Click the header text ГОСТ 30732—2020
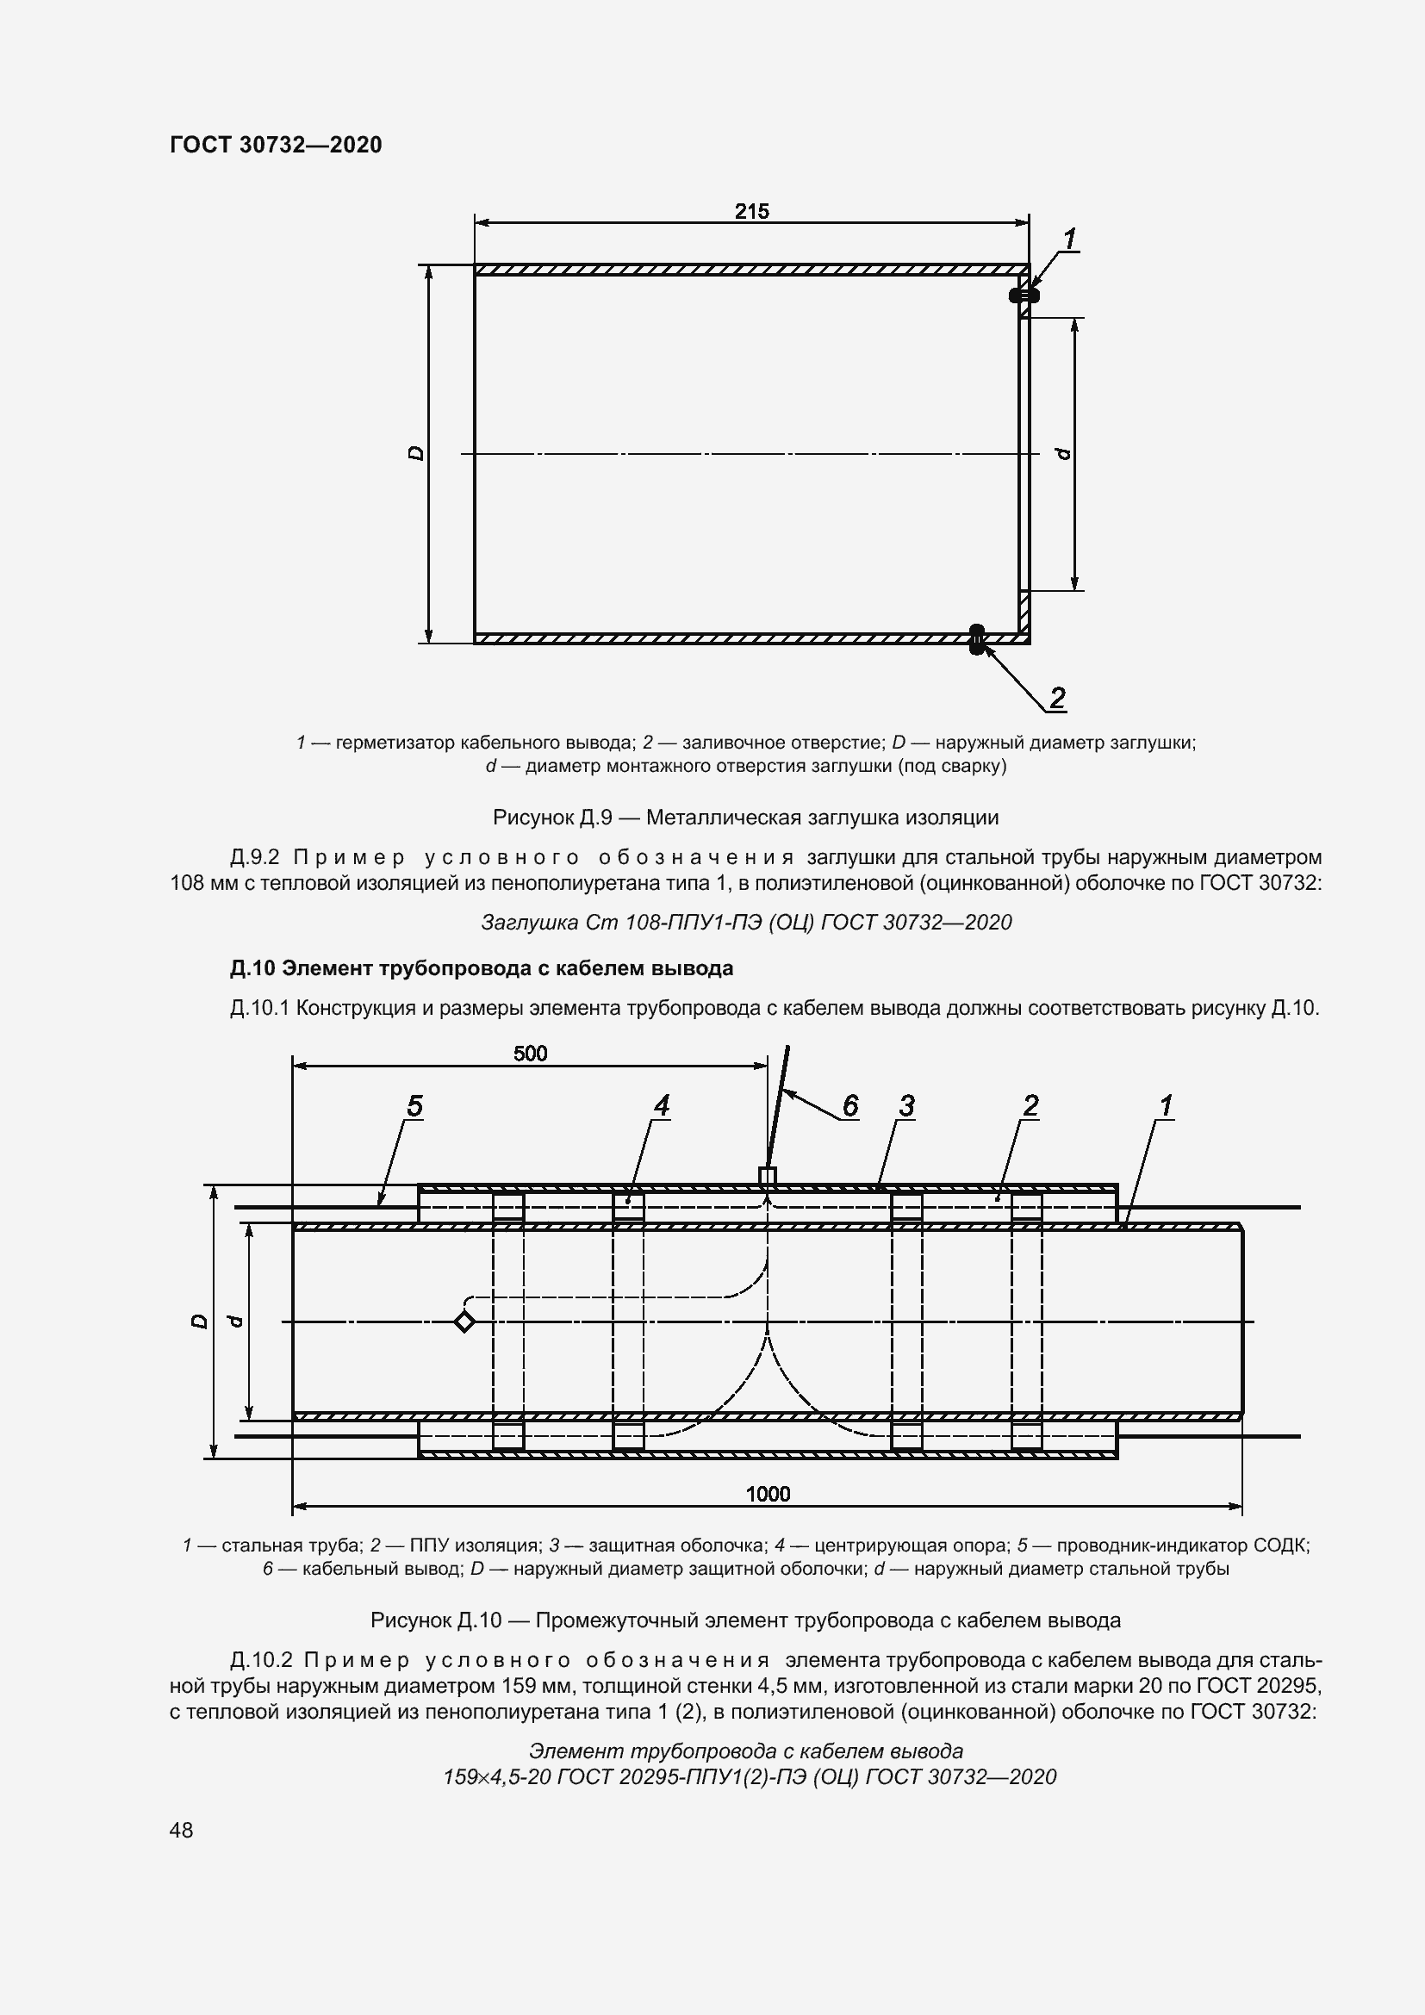pyautogui.click(x=276, y=145)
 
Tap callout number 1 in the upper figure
pyautogui.click(x=1070, y=239)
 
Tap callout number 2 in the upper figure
pyautogui.click(x=1057, y=699)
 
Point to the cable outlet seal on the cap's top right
pyautogui.click(x=1024, y=295)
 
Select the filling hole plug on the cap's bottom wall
pyautogui.click(x=977, y=639)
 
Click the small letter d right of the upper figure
pyautogui.click(x=1063, y=453)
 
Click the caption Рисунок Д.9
pyautogui.click(x=745, y=818)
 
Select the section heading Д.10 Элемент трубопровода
pyautogui.click(x=481, y=968)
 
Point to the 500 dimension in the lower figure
pyautogui.click(x=530, y=1053)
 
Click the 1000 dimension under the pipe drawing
pyautogui.click(x=768, y=1494)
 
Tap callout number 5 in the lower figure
pyautogui.click(x=414, y=1107)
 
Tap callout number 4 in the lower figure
pyautogui.click(x=661, y=1107)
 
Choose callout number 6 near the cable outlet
pyautogui.click(x=849, y=1107)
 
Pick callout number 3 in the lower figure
pyautogui.click(x=906, y=1107)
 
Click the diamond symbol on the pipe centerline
pyautogui.click(x=464, y=1322)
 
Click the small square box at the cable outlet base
pyautogui.click(x=767, y=1176)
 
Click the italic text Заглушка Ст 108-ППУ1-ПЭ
pyautogui.click(x=746, y=923)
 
